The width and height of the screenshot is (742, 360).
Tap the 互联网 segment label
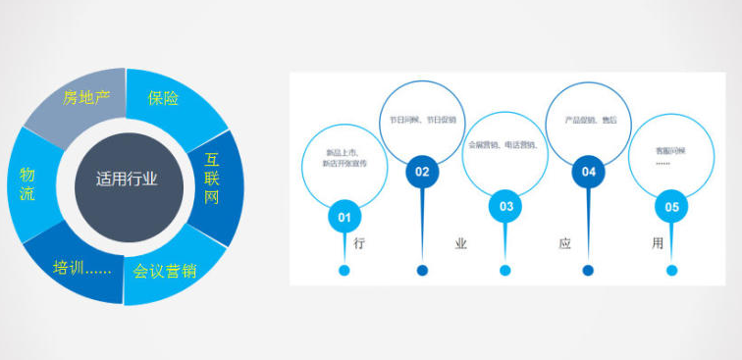(212, 178)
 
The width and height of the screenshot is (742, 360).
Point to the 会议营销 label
(165, 270)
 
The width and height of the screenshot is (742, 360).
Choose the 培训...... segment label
(81, 267)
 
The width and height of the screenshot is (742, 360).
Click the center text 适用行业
(127, 180)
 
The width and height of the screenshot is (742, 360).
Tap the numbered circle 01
(344, 216)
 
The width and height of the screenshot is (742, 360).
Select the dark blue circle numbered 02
(422, 172)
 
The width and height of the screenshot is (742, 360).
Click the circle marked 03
(505, 206)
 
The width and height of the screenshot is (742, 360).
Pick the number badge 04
(588, 172)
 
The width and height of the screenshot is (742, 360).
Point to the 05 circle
(671, 207)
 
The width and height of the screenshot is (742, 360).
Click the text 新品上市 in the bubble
(343, 152)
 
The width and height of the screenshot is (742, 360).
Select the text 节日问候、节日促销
(422, 120)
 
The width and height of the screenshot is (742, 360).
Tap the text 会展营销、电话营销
(504, 144)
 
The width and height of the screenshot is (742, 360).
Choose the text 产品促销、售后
(589, 120)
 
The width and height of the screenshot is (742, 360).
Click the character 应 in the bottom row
(564, 243)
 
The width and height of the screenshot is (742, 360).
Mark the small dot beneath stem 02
(422, 271)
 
